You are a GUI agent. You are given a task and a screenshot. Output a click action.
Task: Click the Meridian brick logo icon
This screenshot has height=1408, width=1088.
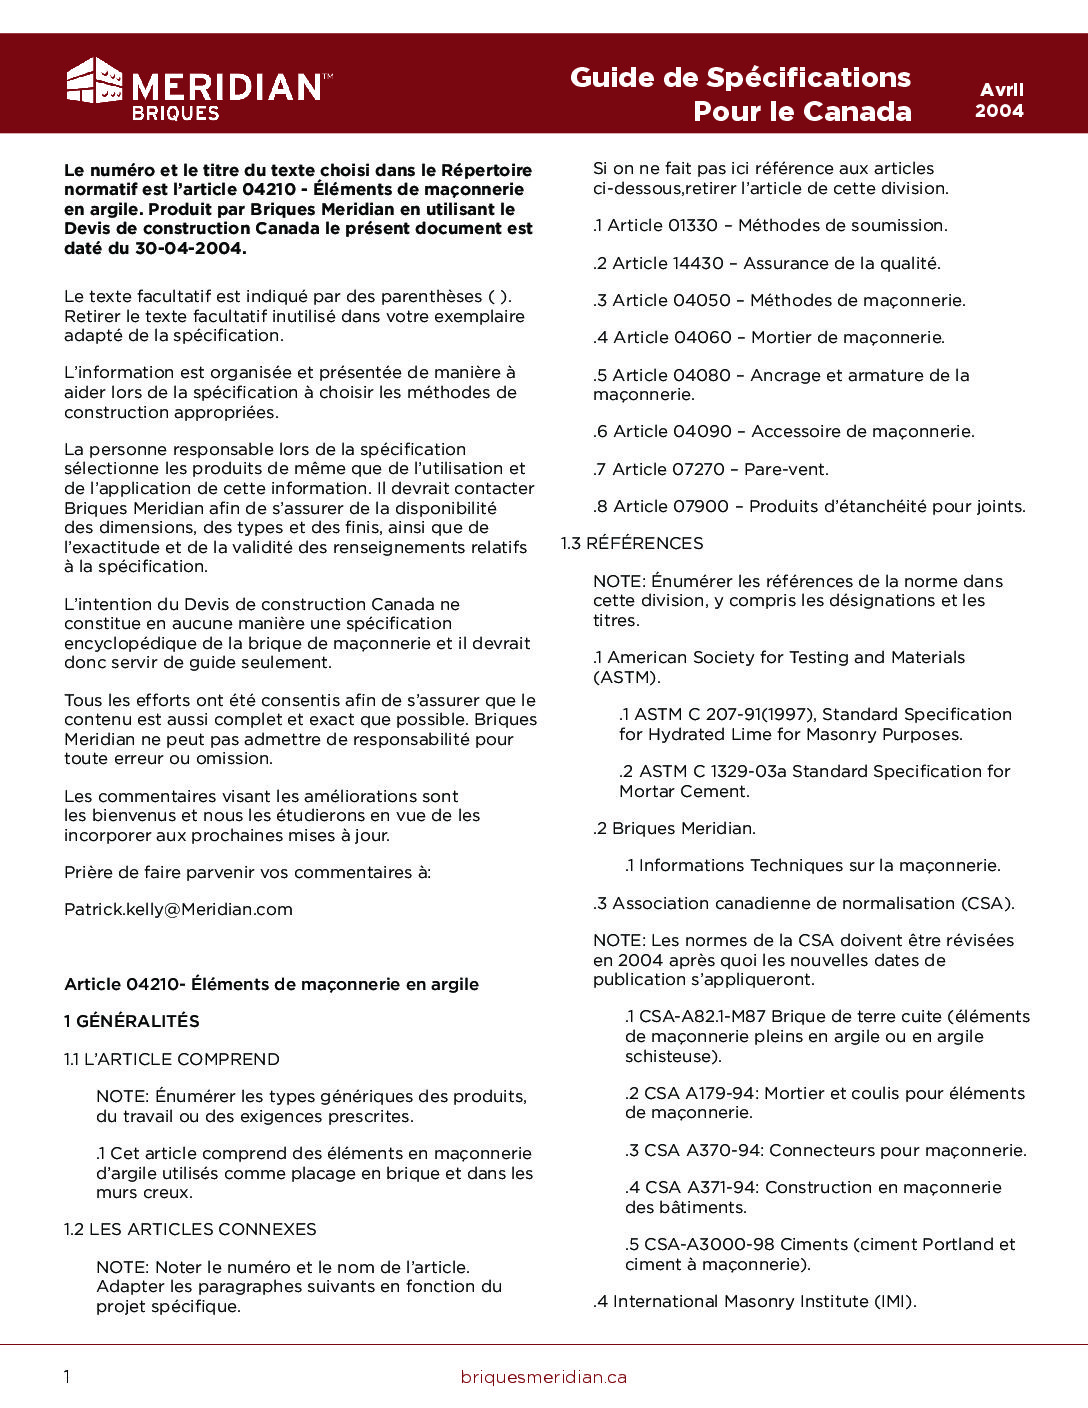pos(94,81)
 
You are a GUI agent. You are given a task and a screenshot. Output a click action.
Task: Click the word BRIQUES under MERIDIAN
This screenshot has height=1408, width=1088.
pos(176,114)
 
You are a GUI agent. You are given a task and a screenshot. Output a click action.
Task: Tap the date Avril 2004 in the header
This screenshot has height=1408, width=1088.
pos(1000,100)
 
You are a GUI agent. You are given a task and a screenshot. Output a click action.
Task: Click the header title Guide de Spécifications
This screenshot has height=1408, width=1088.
pos(740,78)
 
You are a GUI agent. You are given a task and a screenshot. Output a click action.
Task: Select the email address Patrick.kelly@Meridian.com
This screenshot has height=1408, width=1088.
pos(178,910)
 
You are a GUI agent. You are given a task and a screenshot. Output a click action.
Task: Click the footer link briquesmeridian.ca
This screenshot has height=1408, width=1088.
pos(544,1377)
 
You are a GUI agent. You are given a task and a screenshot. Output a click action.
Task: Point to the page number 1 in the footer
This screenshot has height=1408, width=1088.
pos(67,1377)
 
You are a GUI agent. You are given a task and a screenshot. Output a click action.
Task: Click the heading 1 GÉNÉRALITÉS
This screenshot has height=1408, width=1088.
pos(132,1021)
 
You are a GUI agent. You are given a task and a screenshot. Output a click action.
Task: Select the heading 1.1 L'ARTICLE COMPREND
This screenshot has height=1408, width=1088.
pos(172,1059)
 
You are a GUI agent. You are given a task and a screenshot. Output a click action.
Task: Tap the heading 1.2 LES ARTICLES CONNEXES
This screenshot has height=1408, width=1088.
pos(190,1229)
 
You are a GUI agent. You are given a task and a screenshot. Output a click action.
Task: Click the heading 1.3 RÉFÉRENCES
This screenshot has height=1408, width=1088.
pos(632,543)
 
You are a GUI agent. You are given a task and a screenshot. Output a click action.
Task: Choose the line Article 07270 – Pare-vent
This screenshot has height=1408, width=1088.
pos(711,469)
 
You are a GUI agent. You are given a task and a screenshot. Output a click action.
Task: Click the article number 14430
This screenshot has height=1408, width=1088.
pos(698,263)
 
